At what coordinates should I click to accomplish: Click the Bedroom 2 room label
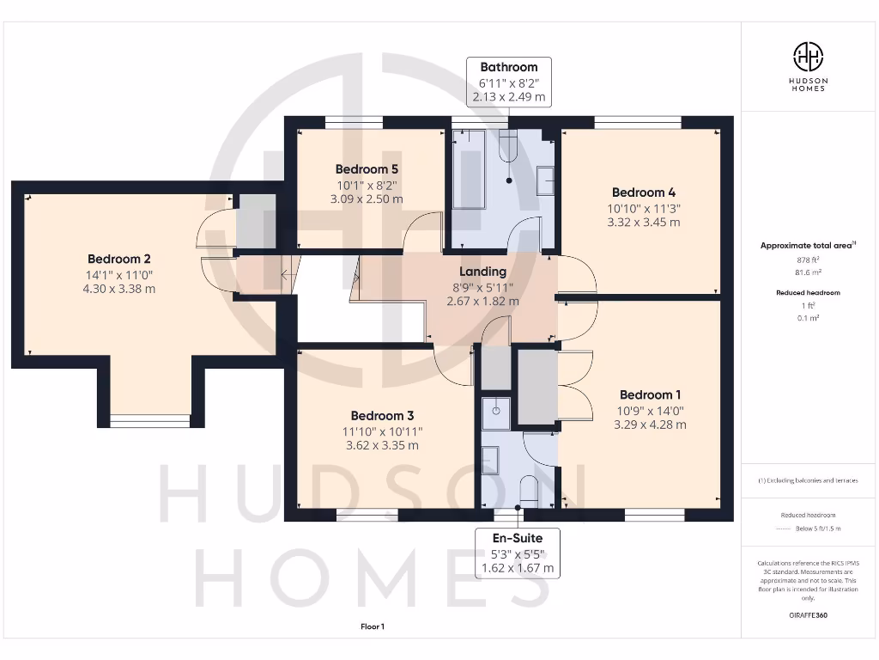[x=119, y=259]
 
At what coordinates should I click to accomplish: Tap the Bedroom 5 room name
[x=367, y=169]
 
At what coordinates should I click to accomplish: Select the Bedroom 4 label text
[x=638, y=192]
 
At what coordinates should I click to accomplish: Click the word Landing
[x=482, y=272]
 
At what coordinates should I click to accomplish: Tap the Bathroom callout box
[x=508, y=82]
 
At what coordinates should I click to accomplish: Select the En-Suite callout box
[x=517, y=553]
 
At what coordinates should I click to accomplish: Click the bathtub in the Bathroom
[x=469, y=169]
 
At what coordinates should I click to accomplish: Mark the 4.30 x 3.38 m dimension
[x=119, y=289]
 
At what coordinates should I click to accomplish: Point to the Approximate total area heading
[x=807, y=246]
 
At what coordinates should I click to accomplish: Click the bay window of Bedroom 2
[x=149, y=420]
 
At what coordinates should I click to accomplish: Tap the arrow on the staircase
[x=286, y=276]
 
